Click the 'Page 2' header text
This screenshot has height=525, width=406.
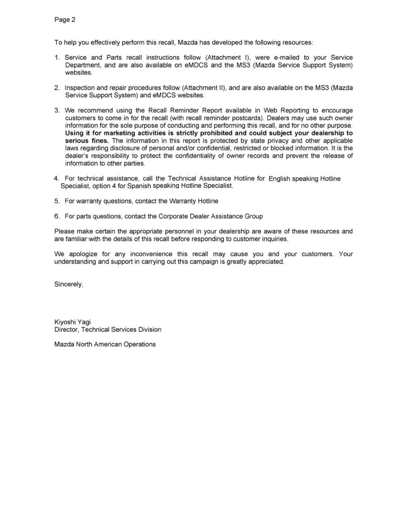pos(65,19)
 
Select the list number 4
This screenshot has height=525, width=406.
pos(57,179)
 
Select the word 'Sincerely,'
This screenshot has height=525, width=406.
pos(69,284)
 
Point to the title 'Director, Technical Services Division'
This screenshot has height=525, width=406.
pos(107,329)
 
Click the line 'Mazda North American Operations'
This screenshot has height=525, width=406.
pos(105,344)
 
